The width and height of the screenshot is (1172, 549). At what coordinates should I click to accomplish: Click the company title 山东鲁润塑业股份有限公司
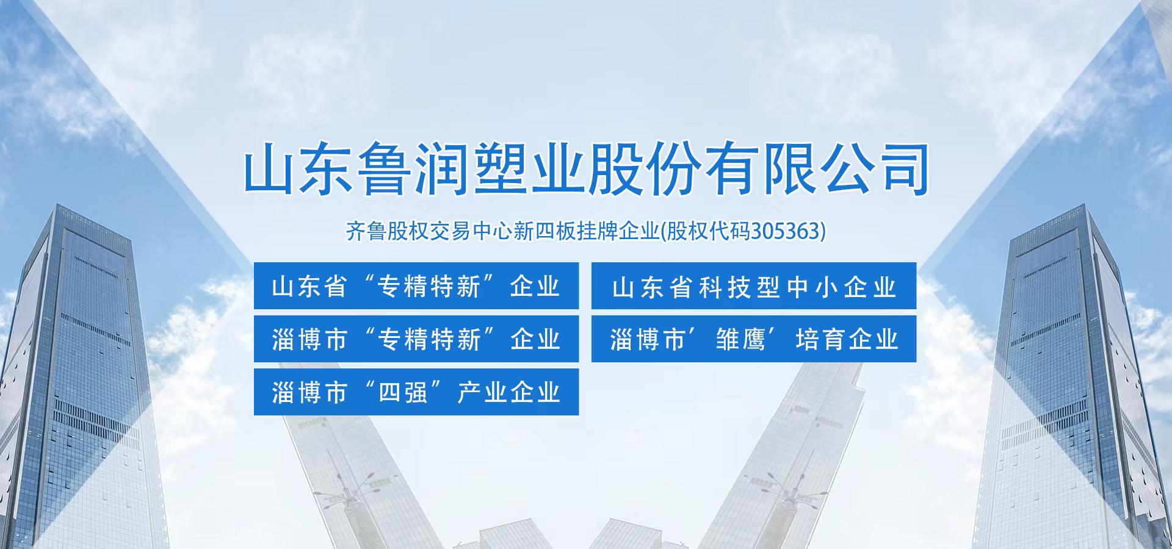[586, 169]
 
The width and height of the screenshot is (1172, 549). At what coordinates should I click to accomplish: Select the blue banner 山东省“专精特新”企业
[416, 285]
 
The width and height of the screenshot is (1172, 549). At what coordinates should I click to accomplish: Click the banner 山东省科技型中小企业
[754, 285]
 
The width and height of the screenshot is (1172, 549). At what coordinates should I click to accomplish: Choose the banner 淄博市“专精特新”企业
[416, 339]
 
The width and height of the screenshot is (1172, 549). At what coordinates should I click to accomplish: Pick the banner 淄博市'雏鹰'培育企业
[754, 339]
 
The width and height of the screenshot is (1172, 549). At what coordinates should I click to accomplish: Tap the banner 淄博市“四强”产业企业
[416, 392]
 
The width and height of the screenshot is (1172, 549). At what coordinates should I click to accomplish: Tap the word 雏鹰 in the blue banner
[739, 339]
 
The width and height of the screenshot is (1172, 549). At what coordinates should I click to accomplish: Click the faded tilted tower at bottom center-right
[794, 464]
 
